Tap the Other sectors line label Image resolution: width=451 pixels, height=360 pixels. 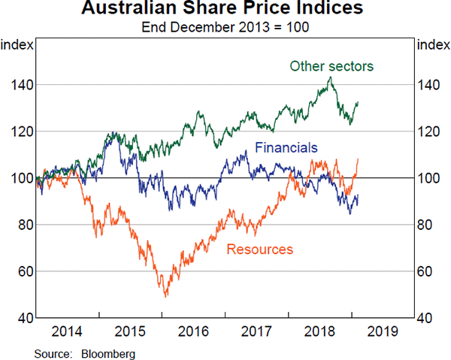click(331, 66)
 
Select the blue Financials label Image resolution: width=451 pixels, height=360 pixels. click(286, 147)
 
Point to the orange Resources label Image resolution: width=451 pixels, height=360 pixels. click(259, 250)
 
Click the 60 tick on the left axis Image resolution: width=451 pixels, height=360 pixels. click(23, 271)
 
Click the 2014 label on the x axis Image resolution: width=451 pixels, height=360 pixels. click(68, 331)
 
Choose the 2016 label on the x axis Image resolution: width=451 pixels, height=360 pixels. click(192, 331)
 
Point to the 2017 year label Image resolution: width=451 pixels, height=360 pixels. click(255, 331)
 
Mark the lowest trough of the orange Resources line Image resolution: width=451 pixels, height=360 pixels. click(165, 296)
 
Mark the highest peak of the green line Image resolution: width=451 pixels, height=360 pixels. click(329, 77)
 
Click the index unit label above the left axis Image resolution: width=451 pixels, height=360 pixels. click(17, 45)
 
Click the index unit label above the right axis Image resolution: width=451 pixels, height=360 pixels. click(432, 45)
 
